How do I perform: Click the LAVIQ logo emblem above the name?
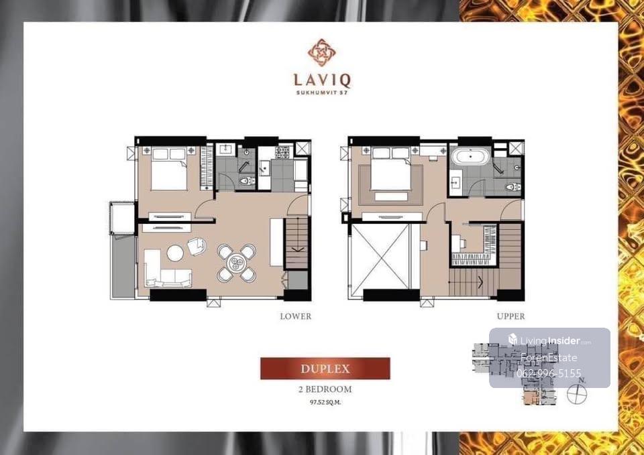(x=321, y=52)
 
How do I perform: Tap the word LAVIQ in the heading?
(x=322, y=80)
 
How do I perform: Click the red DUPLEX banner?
(x=325, y=369)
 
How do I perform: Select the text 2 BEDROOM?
(x=325, y=389)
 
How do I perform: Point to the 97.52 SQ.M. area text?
(x=325, y=403)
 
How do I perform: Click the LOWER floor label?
(x=295, y=316)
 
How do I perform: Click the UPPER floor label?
(x=511, y=316)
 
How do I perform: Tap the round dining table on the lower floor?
(x=237, y=263)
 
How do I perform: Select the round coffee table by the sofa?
(x=175, y=253)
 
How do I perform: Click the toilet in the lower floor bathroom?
(x=247, y=180)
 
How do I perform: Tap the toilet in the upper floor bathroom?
(x=513, y=187)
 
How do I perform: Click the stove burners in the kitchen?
(x=282, y=152)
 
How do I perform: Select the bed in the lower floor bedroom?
(x=169, y=169)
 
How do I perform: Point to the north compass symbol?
(x=577, y=393)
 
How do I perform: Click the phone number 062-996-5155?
(x=549, y=373)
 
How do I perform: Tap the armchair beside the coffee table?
(x=197, y=247)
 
